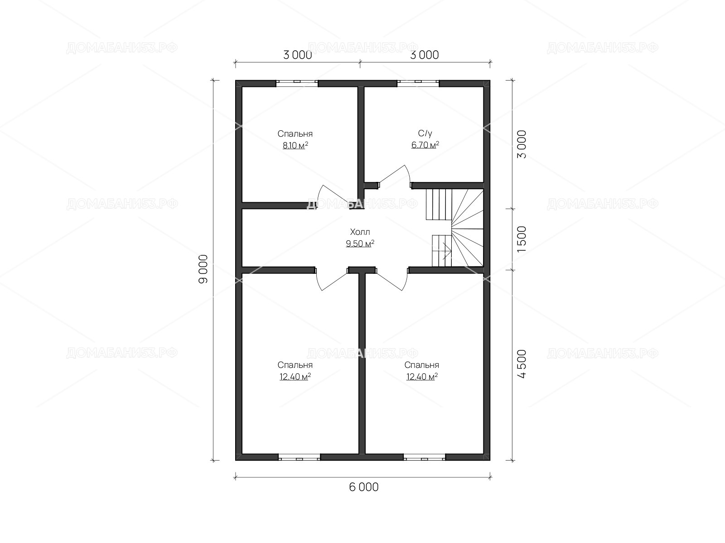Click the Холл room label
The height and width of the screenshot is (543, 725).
pyautogui.click(x=360, y=232)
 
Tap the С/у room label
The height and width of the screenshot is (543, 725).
pyautogui.click(x=425, y=133)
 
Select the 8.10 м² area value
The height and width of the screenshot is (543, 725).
pyautogui.click(x=295, y=145)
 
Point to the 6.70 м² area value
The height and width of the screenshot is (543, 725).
pyautogui.click(x=425, y=145)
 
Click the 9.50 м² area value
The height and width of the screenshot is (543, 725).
pyautogui.click(x=360, y=243)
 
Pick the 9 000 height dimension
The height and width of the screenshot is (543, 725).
pyautogui.click(x=203, y=269)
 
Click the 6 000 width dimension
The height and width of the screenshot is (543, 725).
pyautogui.click(x=364, y=487)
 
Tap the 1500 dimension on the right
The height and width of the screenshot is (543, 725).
pyautogui.click(x=522, y=239)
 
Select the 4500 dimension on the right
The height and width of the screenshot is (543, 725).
pyautogui.click(x=522, y=364)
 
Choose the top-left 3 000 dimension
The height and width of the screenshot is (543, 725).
pyautogui.click(x=298, y=55)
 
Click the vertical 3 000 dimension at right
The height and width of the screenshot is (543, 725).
pyautogui.click(x=522, y=144)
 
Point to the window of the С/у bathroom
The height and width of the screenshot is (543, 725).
pyautogui.click(x=418, y=83)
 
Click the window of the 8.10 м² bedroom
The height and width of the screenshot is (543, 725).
pyautogui.click(x=297, y=83)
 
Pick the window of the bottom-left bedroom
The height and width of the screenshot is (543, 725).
pyautogui.click(x=299, y=457)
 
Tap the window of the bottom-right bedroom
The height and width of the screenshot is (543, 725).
pyautogui.click(x=425, y=457)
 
